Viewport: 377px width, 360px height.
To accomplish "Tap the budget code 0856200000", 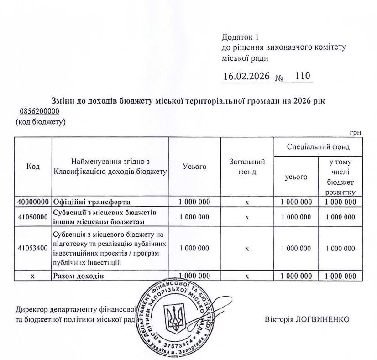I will click(x=40, y=111).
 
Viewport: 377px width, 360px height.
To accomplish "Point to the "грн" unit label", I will click(x=356, y=132).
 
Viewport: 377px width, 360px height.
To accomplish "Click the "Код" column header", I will click(x=33, y=167).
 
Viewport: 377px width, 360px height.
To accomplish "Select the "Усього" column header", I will click(x=194, y=167).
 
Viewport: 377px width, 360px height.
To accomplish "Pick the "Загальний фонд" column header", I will click(x=246, y=167).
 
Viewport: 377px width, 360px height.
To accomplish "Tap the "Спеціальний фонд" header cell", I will click(x=318, y=147).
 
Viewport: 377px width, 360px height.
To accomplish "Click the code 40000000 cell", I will click(x=33, y=202).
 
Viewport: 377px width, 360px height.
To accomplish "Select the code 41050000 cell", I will click(x=33, y=217).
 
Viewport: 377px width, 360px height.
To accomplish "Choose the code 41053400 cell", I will click(x=33, y=249).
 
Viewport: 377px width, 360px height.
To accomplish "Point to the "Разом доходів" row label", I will click(x=79, y=276).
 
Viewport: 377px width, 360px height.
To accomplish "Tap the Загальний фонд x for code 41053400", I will click(x=246, y=249).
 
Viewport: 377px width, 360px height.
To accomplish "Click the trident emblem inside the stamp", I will click(x=173, y=317).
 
